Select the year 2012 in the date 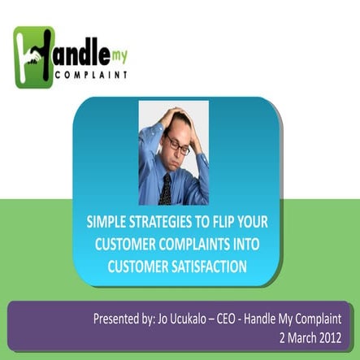(336, 335)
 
